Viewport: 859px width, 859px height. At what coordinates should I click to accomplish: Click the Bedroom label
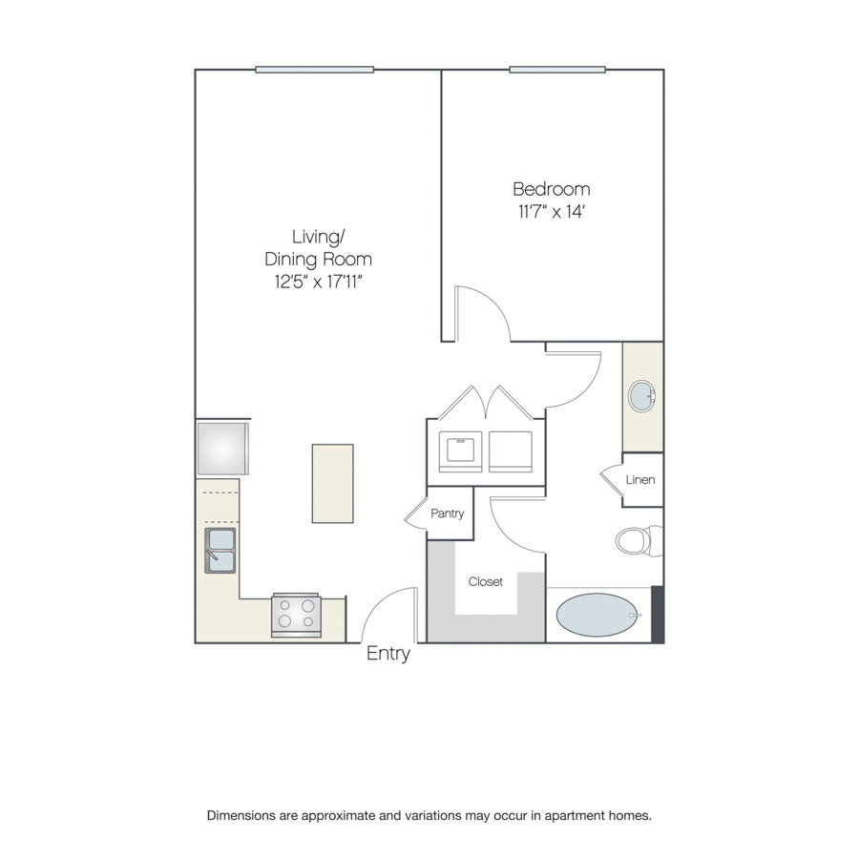point(551,189)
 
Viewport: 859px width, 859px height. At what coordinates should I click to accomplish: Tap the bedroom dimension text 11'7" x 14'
point(552,212)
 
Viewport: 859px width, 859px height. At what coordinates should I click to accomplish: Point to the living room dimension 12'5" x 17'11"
point(318,282)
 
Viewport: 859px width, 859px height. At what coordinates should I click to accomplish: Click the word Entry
point(388,653)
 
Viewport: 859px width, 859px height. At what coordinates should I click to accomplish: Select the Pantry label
point(447,513)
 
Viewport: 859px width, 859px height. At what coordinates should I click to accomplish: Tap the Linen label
point(640,480)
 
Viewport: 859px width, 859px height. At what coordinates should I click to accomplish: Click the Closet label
point(486,581)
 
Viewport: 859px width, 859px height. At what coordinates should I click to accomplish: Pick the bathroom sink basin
point(641,396)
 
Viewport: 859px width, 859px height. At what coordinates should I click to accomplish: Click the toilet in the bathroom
point(639,541)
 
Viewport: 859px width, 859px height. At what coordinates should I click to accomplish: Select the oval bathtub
point(597,615)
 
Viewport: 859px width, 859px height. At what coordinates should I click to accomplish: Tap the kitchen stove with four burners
point(297,615)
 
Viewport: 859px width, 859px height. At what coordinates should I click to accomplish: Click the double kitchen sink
point(220,551)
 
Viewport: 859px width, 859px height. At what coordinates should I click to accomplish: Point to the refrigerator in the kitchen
point(222,449)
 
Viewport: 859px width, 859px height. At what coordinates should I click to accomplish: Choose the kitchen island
point(332,483)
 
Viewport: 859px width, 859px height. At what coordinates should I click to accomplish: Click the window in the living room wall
point(314,70)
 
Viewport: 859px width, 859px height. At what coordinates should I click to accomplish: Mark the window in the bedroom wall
point(557,70)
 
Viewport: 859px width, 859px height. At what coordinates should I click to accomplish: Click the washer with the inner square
point(461,451)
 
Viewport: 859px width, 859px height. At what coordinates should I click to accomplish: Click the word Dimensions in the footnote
point(241,816)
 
